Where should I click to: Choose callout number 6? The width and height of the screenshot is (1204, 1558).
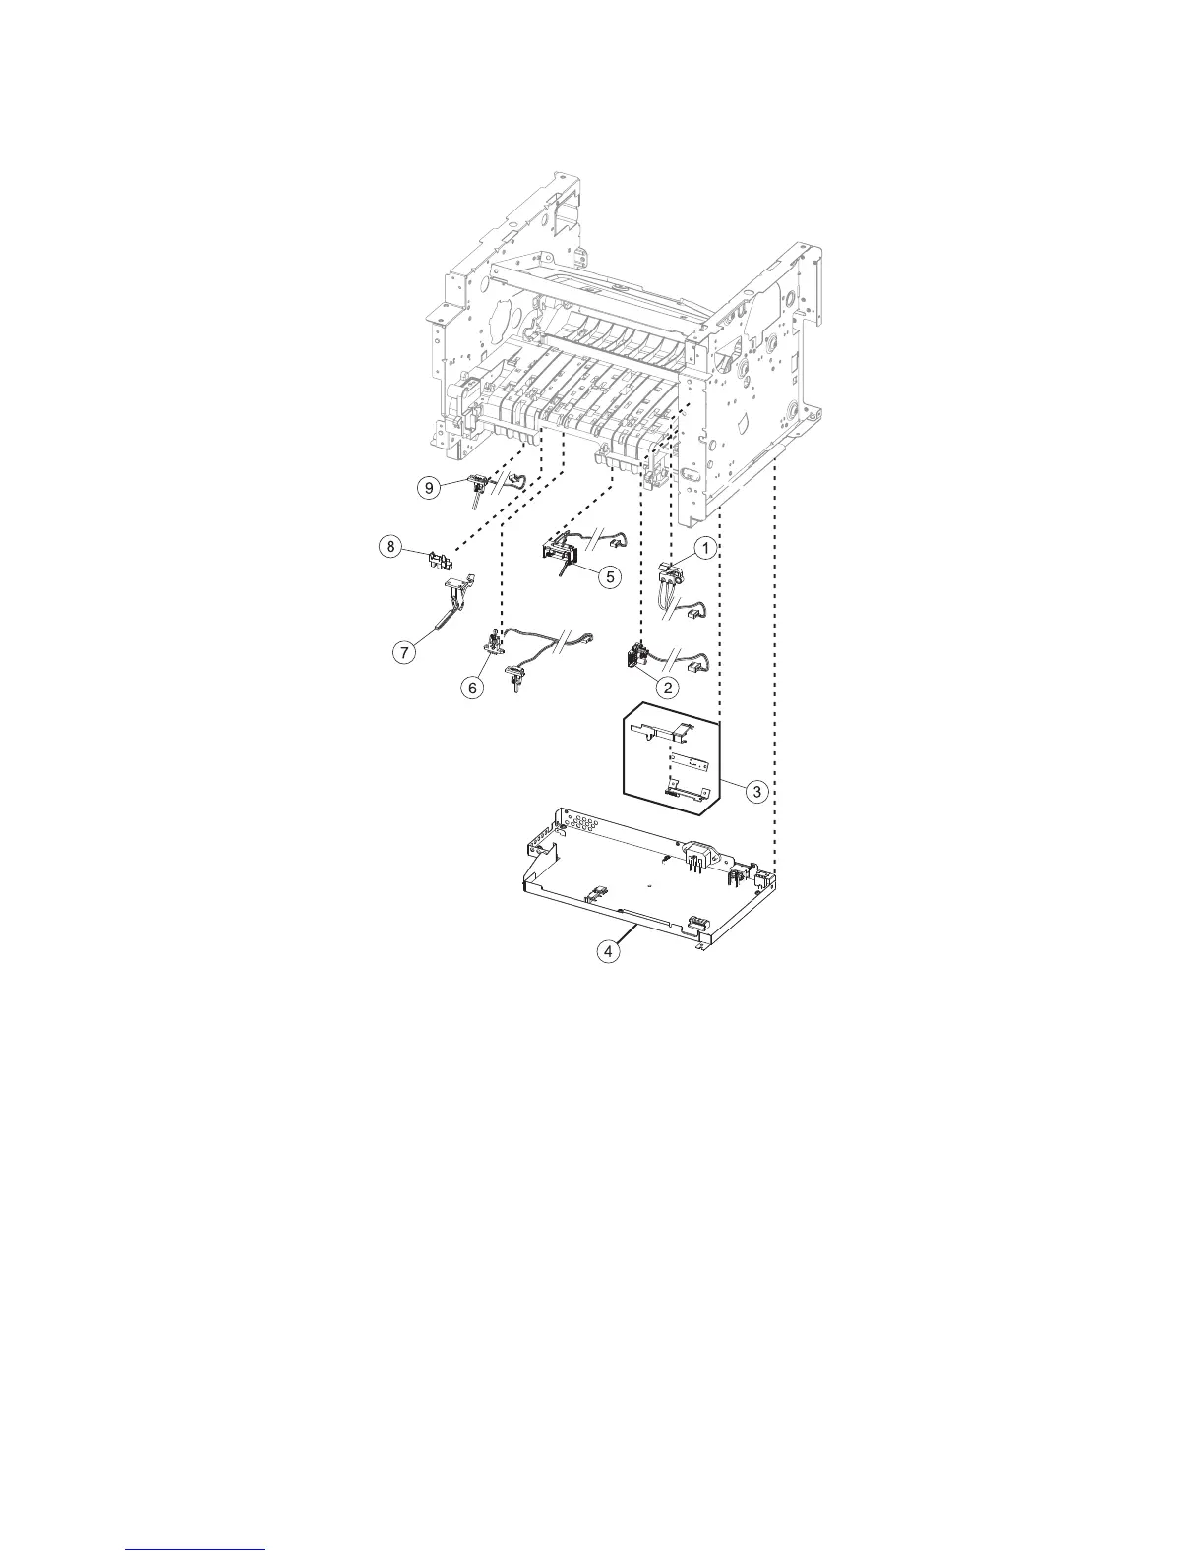473,688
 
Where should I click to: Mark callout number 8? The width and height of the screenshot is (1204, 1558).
391,547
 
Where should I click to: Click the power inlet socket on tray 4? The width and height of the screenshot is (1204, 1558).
699,854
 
